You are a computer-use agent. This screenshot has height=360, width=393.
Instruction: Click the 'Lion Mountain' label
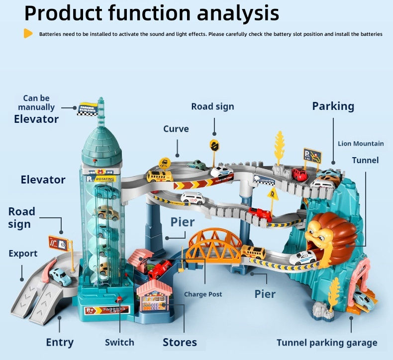[x=361, y=144]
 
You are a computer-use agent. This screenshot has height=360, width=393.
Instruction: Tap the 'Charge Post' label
[x=203, y=294]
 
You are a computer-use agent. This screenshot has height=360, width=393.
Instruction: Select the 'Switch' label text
[x=119, y=342]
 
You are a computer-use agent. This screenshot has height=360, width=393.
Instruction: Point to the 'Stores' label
[x=180, y=342]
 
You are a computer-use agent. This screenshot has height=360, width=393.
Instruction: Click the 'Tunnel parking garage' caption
[x=327, y=343]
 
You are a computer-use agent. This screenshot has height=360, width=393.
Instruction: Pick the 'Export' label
[x=23, y=254]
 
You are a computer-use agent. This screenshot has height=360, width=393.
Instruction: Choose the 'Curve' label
[x=176, y=129]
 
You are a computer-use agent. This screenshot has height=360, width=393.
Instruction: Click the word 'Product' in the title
[x=64, y=13]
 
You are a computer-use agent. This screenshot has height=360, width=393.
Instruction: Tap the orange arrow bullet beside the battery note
[x=28, y=34]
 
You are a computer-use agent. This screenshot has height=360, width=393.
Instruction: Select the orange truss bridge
[x=215, y=245]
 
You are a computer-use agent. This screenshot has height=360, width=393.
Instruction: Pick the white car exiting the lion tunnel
[x=303, y=258]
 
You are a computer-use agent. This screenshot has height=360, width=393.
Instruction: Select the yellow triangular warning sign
[x=272, y=194]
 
